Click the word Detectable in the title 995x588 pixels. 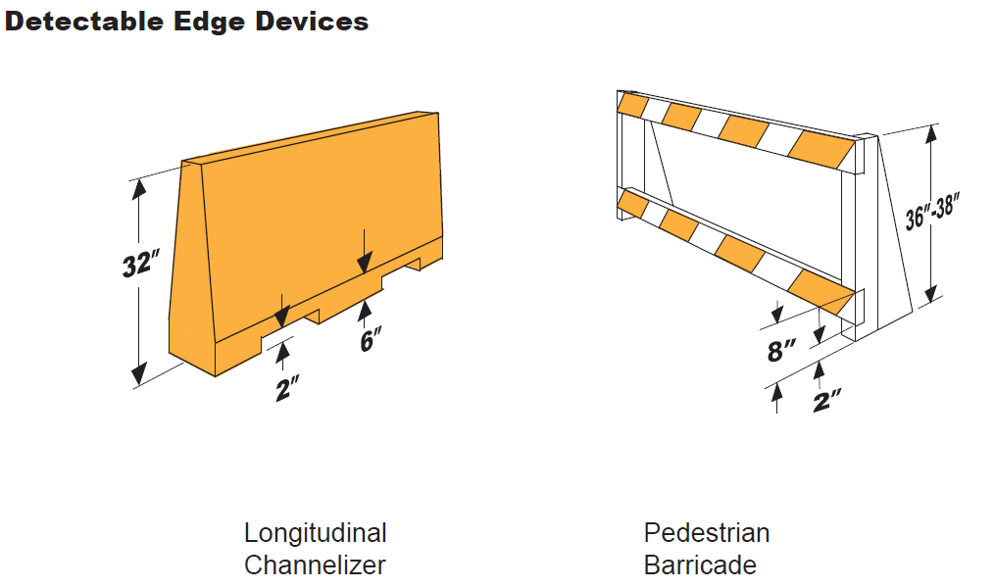click(x=85, y=22)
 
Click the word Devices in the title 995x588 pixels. click(x=312, y=22)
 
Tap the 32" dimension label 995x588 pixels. click(x=140, y=264)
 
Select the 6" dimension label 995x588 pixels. click(x=371, y=340)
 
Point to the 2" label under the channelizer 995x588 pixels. click(x=287, y=388)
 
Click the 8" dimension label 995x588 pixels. click(x=781, y=350)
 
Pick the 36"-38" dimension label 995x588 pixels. click(x=931, y=211)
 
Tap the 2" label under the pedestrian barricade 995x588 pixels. click(x=826, y=401)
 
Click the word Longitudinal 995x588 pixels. click(x=316, y=533)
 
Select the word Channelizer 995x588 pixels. click(x=315, y=565)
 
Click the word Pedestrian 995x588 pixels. click(x=706, y=533)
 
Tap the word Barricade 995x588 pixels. click(x=700, y=565)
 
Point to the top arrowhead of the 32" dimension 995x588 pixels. click(x=139, y=188)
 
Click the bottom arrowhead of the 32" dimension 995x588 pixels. click(x=139, y=374)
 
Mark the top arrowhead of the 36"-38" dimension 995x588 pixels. click(x=931, y=134)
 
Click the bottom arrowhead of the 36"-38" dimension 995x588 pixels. click(x=931, y=294)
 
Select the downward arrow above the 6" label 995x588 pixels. click(x=365, y=252)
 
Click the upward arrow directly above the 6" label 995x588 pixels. click(x=365, y=314)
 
